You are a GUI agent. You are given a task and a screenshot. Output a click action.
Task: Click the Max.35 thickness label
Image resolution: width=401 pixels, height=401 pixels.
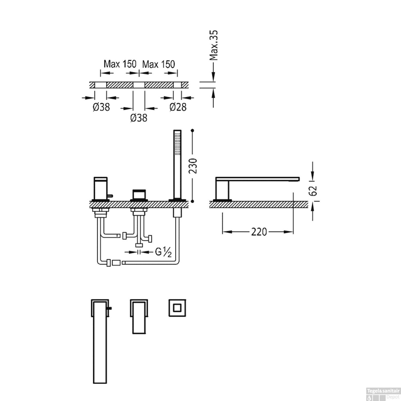pyautogui.click(x=214, y=45)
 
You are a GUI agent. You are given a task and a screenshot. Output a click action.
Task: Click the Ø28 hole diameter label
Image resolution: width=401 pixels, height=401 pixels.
pyautogui.click(x=178, y=107)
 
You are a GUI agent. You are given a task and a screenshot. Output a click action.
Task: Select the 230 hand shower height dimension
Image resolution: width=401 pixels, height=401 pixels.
pyautogui.click(x=193, y=166)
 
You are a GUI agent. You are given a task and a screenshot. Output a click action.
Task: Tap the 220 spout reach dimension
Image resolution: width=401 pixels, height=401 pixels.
pyautogui.click(x=259, y=232)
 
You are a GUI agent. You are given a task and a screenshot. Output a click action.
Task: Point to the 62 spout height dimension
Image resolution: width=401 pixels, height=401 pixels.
pyautogui.click(x=313, y=190)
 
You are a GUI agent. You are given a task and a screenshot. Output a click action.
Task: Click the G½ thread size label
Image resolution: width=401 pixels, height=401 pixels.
pyautogui.click(x=163, y=252)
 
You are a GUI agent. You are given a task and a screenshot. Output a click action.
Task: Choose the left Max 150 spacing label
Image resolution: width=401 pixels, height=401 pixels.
pyautogui.click(x=120, y=64)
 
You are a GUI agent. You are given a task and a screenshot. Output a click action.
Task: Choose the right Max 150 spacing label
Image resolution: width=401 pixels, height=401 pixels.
pyautogui.click(x=159, y=64)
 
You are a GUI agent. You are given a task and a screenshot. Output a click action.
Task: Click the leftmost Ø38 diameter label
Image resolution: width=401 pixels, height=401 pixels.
pyautogui.click(x=101, y=107)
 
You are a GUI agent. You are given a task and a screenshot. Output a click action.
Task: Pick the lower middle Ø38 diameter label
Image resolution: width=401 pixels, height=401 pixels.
pyautogui.click(x=139, y=118)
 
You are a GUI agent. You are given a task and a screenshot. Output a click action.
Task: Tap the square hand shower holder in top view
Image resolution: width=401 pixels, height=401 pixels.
pyautogui.click(x=177, y=308)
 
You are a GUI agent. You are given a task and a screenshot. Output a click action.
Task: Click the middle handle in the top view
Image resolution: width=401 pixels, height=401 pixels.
pyautogui.click(x=139, y=317)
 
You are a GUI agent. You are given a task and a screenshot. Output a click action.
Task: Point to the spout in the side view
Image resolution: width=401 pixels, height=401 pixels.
pyautogui.click(x=257, y=179)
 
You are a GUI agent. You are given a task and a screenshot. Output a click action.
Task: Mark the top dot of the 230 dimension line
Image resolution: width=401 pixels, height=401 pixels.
pyautogui.click(x=192, y=130)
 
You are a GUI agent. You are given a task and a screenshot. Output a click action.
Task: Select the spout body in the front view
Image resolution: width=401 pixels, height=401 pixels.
pyautogui.click(x=101, y=188)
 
